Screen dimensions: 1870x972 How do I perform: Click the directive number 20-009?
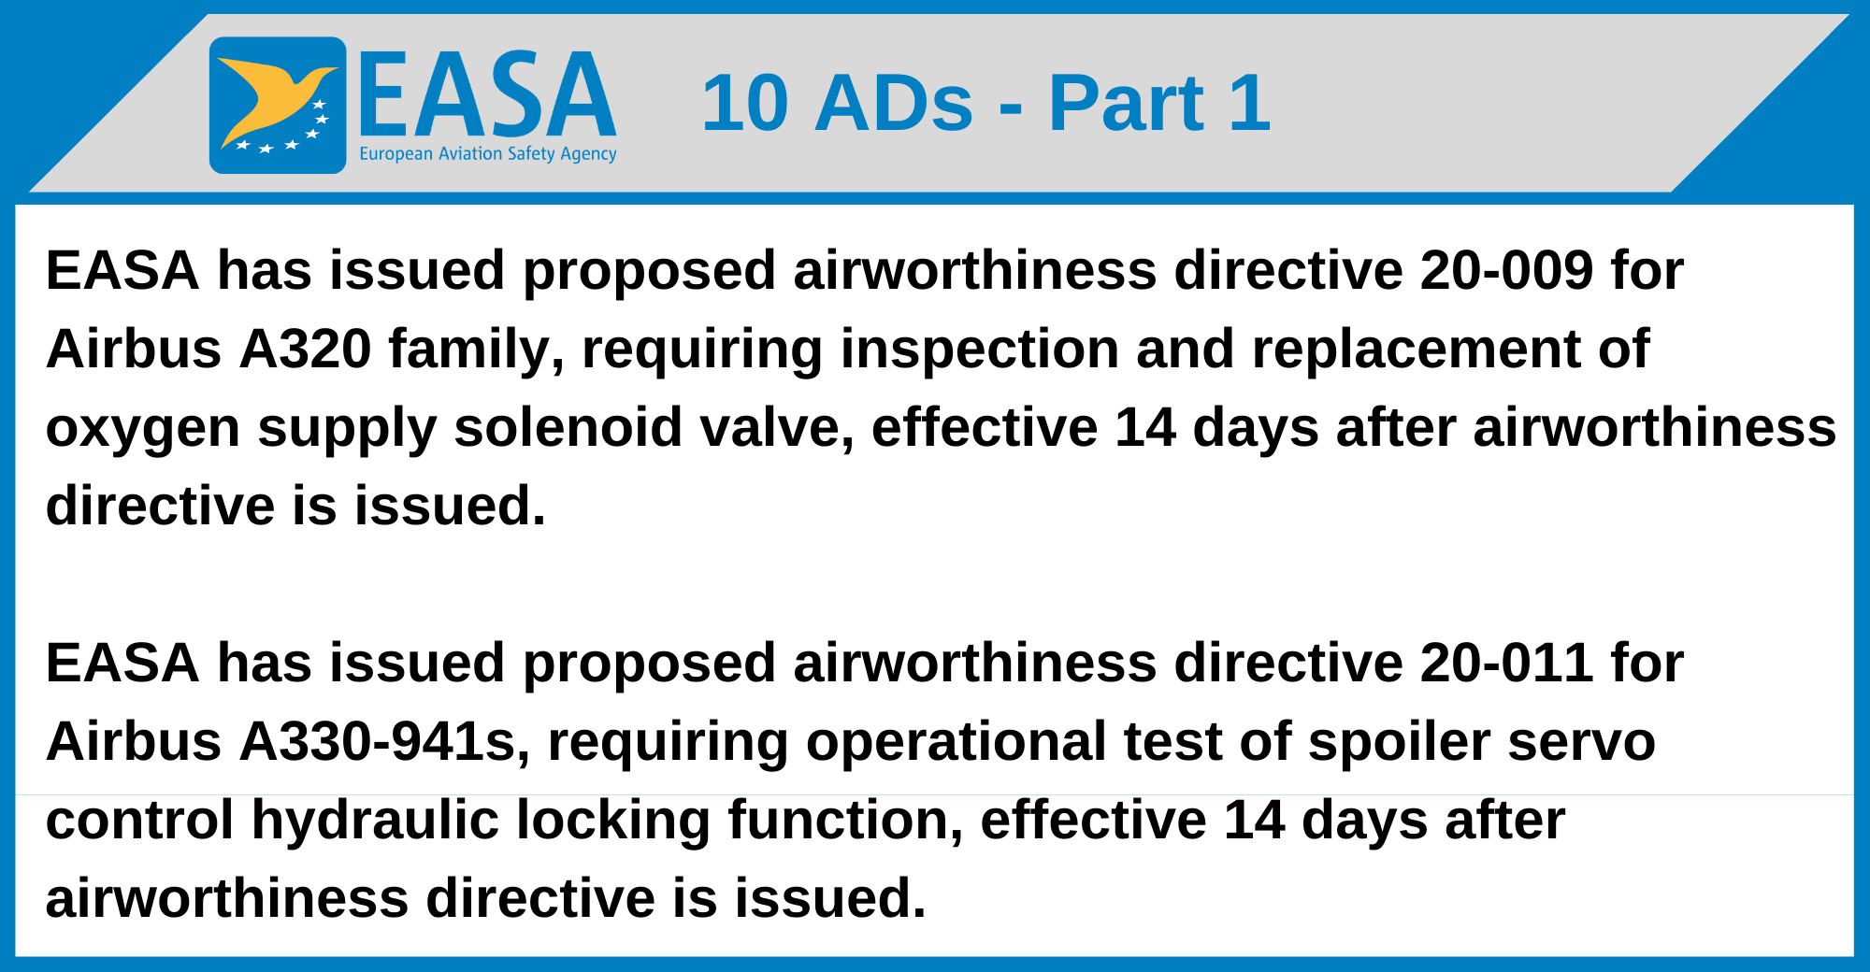click(1506, 271)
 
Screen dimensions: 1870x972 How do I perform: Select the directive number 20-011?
click(1506, 664)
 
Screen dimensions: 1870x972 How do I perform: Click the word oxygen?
click(143, 430)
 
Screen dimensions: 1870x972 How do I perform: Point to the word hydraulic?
click(375, 822)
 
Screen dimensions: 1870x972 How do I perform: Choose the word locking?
click(613, 822)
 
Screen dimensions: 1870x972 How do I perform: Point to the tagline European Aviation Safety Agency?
click(488, 154)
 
